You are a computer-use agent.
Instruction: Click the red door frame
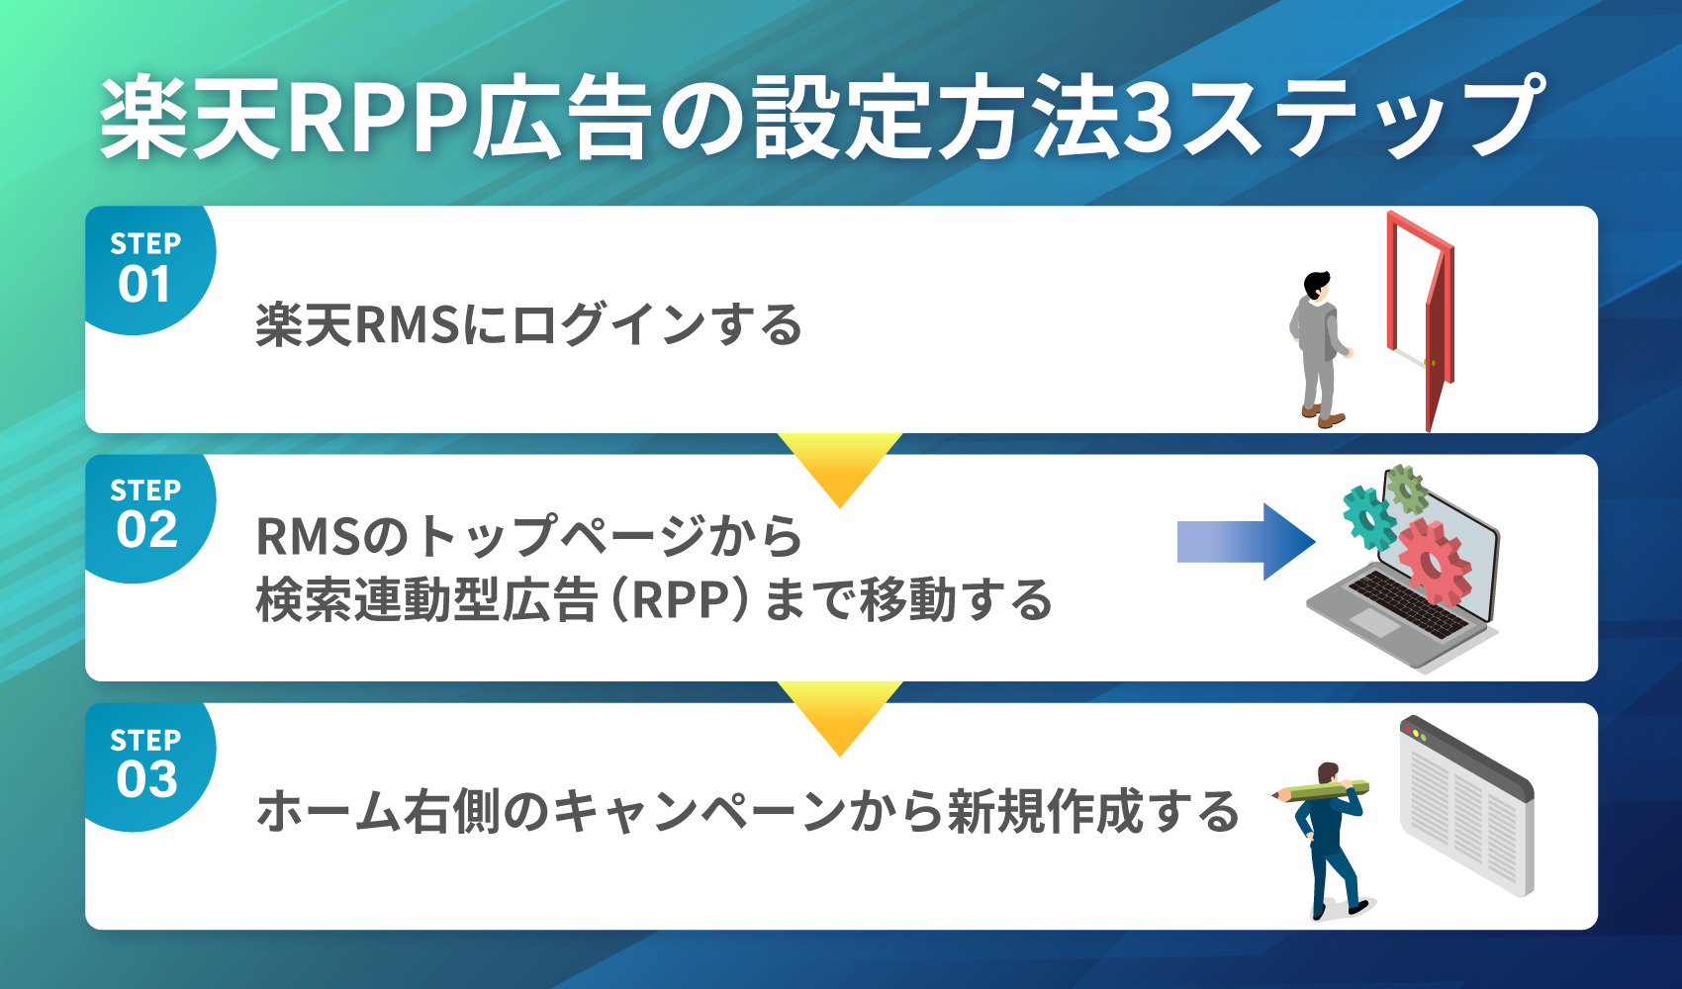coord(1421,297)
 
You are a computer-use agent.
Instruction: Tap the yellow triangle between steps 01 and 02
coord(840,465)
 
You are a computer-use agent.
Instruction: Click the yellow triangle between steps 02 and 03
coord(840,714)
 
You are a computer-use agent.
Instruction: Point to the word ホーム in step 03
coord(327,811)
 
